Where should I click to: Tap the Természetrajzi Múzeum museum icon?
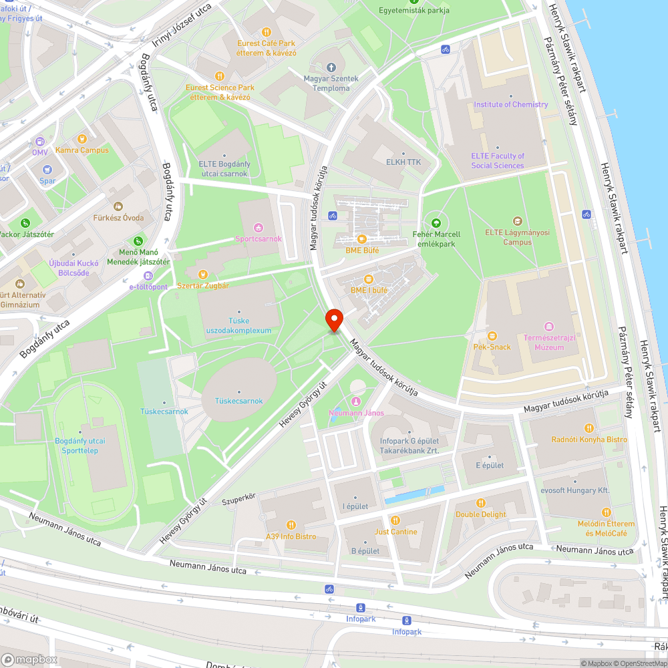tap(548, 326)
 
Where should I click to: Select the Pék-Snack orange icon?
tap(492, 336)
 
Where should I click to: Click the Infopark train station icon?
tap(361, 608)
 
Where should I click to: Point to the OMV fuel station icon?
tap(39, 142)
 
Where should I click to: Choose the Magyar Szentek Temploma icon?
tap(331, 67)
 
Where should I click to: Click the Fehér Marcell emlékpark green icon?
tap(436, 223)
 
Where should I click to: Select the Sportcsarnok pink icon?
tap(259, 228)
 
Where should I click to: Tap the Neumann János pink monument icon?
tap(355, 401)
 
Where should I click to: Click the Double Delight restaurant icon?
tap(480, 503)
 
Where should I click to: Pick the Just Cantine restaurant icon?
tap(395, 520)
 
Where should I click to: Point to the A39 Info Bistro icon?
tap(291, 525)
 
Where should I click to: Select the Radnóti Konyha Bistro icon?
tap(589, 428)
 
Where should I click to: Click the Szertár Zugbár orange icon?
tap(203, 274)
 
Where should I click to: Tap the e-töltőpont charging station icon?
tap(139, 275)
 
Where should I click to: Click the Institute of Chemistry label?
tap(510, 105)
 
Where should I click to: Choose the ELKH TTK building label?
tap(403, 162)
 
